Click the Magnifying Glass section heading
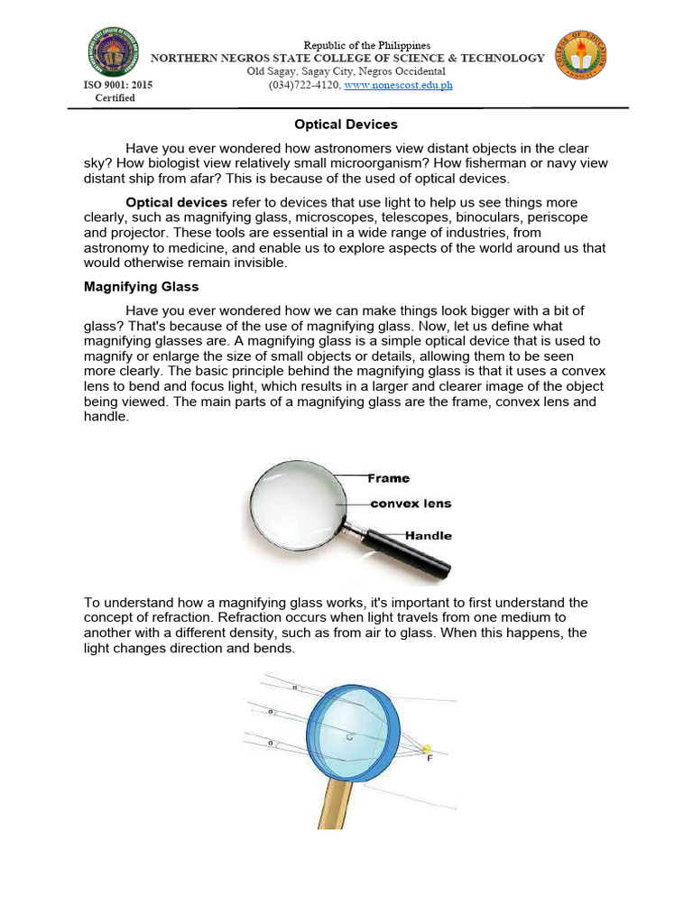(x=142, y=287)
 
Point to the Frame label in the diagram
(x=388, y=478)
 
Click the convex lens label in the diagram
(x=411, y=504)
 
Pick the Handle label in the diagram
(x=428, y=535)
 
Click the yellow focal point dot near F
(x=427, y=748)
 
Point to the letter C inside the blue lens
(x=348, y=737)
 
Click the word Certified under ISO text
(x=115, y=97)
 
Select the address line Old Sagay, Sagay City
(x=346, y=71)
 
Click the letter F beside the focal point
(x=430, y=759)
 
